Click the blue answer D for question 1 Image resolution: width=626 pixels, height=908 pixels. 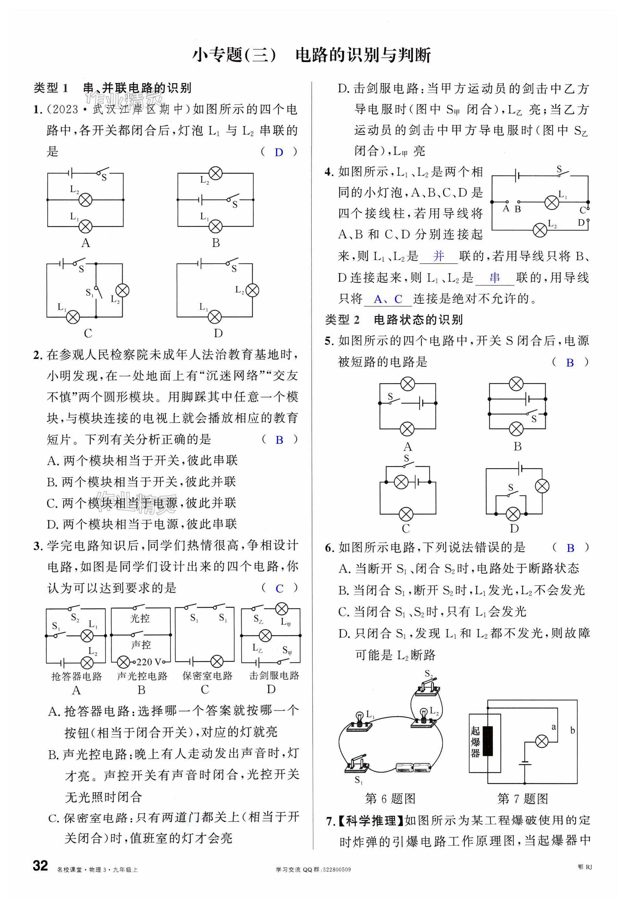point(279,153)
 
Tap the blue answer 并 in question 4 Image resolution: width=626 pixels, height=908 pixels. point(439,256)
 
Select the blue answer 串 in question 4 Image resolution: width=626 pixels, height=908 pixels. point(495,278)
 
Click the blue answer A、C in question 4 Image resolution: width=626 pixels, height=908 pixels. point(388,299)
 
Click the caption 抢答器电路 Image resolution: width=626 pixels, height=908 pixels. point(77,676)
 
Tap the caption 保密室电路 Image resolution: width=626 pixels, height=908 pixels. point(207,676)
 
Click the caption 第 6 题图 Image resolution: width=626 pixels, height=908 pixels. point(390,798)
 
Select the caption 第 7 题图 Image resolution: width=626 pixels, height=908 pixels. point(522,798)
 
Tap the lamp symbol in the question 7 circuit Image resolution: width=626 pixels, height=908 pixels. point(542,741)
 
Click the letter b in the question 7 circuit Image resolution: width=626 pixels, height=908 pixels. point(572,730)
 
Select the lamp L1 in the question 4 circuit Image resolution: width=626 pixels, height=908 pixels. point(552,202)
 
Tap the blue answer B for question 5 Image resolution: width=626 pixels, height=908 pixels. point(570,363)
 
